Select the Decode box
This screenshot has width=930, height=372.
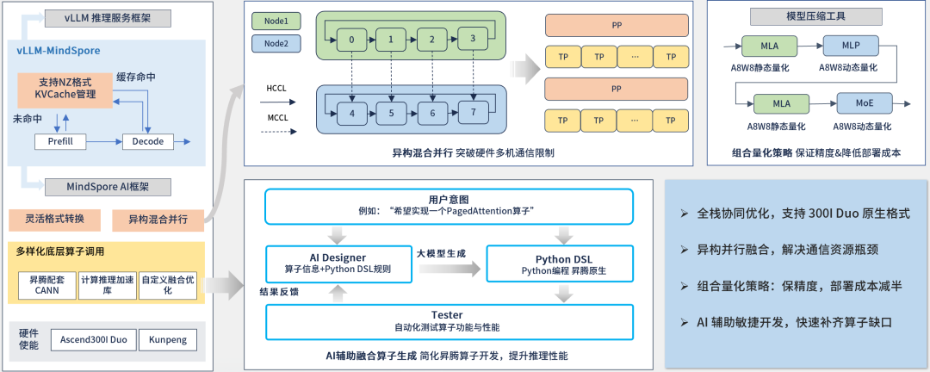click(148, 140)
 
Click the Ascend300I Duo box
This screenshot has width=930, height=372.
click(94, 340)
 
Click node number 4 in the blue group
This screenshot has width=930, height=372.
click(352, 112)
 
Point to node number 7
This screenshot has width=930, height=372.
click(472, 112)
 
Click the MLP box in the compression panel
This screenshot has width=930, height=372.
click(847, 45)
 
